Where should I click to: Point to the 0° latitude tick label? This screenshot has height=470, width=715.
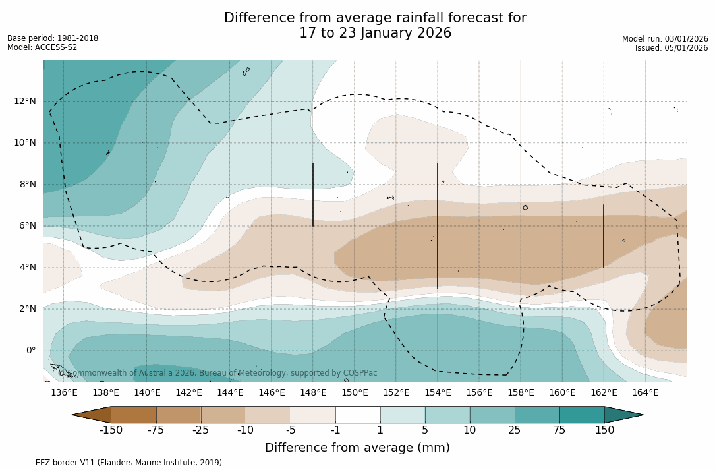point(30,350)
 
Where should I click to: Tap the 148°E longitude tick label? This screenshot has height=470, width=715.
point(313,392)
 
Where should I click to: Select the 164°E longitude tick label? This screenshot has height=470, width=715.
point(645,392)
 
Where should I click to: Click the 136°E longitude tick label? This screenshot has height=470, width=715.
point(64,392)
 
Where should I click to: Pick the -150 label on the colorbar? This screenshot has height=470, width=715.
point(111,430)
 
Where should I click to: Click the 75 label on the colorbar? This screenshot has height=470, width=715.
point(559,430)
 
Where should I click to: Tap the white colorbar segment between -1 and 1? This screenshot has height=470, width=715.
point(358,415)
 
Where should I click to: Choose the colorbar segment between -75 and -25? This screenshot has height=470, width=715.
point(179,415)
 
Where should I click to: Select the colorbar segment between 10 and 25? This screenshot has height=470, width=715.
point(492,415)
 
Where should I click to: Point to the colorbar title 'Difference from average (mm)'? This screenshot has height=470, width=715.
point(357,448)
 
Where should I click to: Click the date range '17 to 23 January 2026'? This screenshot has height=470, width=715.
point(375,33)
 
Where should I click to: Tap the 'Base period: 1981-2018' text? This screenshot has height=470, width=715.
point(53,38)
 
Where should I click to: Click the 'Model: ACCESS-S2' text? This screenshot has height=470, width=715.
point(42,47)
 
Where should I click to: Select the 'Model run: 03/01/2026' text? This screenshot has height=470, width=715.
point(665,39)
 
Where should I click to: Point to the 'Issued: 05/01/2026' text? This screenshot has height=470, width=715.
point(672,48)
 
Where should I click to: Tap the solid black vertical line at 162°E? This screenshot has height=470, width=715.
point(603,236)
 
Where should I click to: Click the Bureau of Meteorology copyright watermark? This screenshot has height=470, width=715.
point(217,373)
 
